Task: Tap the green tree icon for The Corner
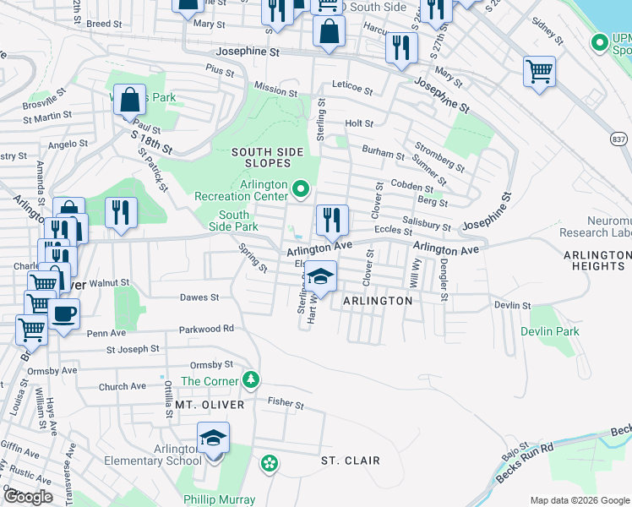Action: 250,379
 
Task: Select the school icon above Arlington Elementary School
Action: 214,440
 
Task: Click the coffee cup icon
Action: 64,315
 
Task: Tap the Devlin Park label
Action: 550,331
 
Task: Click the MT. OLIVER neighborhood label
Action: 210,406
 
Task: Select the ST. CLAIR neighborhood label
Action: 350,461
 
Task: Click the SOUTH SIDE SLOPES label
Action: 267,157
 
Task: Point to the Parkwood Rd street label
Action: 205,329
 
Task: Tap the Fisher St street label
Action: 286,406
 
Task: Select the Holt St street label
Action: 359,123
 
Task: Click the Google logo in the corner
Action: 29,496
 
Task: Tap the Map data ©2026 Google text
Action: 579,500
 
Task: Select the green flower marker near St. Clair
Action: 269,463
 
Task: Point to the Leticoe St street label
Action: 352,87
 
